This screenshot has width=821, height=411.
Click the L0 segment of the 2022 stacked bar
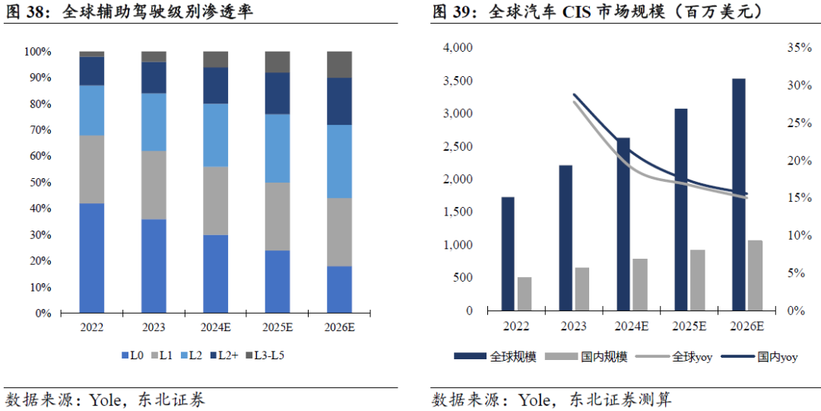pyautogui.click(x=92, y=258)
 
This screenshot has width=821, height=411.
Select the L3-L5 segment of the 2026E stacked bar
pyautogui.click(x=339, y=65)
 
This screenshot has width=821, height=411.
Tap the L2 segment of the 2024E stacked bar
pyautogui.click(x=216, y=135)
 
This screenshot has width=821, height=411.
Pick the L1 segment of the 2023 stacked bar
pyautogui.click(x=154, y=185)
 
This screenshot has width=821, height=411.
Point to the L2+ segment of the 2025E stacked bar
pyautogui.click(x=277, y=94)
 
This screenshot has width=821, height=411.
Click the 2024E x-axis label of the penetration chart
pyautogui.click(x=216, y=327)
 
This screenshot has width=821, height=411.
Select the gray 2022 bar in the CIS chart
pyautogui.click(x=525, y=294)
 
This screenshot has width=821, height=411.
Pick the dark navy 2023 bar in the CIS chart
pyautogui.click(x=566, y=237)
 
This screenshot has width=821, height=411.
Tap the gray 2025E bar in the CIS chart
pyautogui.click(x=698, y=280)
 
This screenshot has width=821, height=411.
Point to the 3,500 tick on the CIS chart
pyautogui.click(x=457, y=81)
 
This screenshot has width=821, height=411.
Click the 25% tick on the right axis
pyautogui.click(x=800, y=123)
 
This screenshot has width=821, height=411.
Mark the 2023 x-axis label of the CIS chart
pyautogui.click(x=575, y=327)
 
